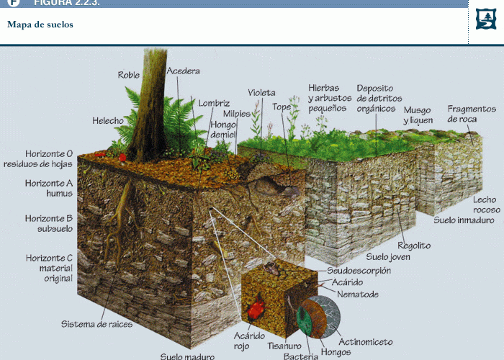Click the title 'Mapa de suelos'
(x=40, y=24)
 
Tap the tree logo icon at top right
(x=485, y=19)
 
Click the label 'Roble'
(x=129, y=75)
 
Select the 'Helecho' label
(x=108, y=120)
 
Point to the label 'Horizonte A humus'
(x=49, y=188)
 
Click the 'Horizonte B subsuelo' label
(x=49, y=223)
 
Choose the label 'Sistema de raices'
(x=96, y=324)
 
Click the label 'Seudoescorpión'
(x=359, y=271)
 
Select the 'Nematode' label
(x=358, y=294)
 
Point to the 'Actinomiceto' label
(x=366, y=341)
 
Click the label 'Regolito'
(x=414, y=246)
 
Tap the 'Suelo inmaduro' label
(x=464, y=220)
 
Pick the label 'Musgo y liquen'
(x=418, y=115)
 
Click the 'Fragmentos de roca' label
(x=472, y=114)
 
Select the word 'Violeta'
(x=261, y=93)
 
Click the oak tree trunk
(x=149, y=106)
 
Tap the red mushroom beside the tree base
(x=122, y=158)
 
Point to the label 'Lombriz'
(x=214, y=103)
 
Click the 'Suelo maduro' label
(x=187, y=356)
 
